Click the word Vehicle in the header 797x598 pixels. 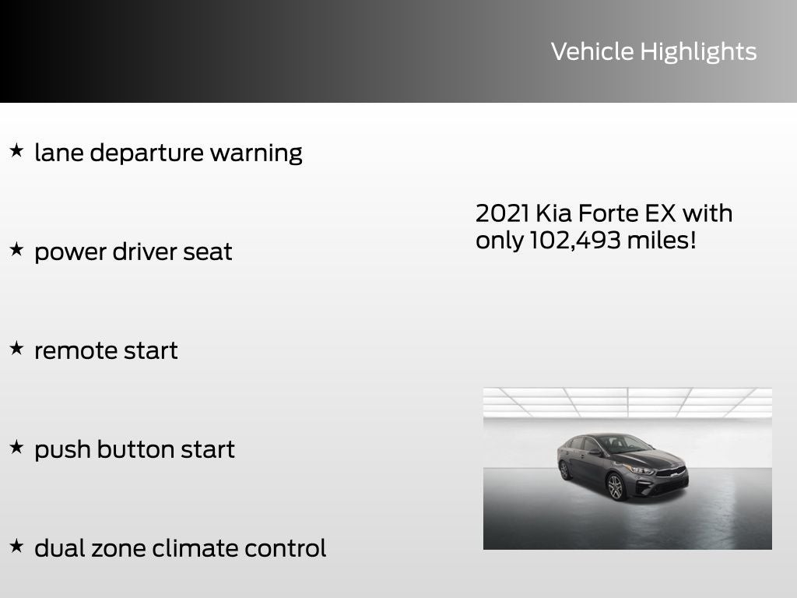(592, 51)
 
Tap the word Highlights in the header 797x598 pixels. (698, 52)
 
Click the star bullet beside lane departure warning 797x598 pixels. (16, 150)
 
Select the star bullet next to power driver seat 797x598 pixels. (16, 249)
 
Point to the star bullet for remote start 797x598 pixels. (16, 348)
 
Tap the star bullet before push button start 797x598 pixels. (16, 447)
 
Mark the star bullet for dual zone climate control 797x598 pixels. (16, 546)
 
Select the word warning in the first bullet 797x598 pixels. (256, 153)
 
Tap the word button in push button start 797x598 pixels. (135, 449)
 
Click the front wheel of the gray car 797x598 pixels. (616, 487)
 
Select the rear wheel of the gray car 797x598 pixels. (565, 470)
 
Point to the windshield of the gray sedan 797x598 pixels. (619, 445)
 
